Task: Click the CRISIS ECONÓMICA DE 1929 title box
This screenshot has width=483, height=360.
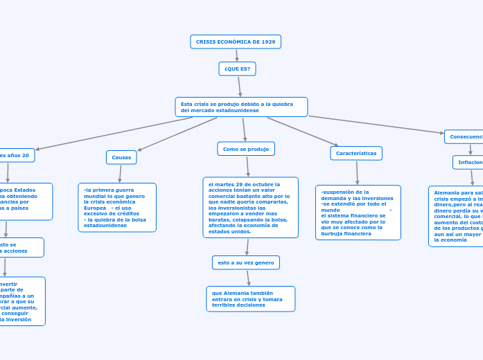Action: tap(236, 42)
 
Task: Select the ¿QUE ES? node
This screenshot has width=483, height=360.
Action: tap(237, 69)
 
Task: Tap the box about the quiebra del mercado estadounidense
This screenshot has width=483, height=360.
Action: tap(241, 107)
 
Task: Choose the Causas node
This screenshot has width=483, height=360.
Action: tap(121, 158)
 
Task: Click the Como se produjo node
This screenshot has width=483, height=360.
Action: tap(246, 149)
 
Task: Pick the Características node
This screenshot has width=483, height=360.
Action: tap(356, 153)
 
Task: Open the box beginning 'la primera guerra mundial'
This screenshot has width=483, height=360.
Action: tap(117, 207)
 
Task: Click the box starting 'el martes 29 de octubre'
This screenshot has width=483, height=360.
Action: tap(250, 208)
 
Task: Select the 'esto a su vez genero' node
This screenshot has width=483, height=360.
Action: tap(246, 262)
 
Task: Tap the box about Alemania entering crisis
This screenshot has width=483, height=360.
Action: tap(250, 299)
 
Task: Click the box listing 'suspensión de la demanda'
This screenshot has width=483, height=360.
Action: tap(358, 213)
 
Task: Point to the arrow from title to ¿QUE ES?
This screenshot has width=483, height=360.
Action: tap(236, 55)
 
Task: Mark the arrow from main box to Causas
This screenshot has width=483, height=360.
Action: tap(177, 134)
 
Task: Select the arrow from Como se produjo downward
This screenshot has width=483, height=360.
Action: tap(247, 166)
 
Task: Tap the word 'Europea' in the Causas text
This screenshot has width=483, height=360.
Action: tap(95, 208)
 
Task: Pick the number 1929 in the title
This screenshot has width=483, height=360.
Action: tap(267, 42)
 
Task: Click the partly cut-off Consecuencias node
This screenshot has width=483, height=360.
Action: tap(464, 137)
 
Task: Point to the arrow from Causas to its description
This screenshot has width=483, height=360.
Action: tap(120, 173)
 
